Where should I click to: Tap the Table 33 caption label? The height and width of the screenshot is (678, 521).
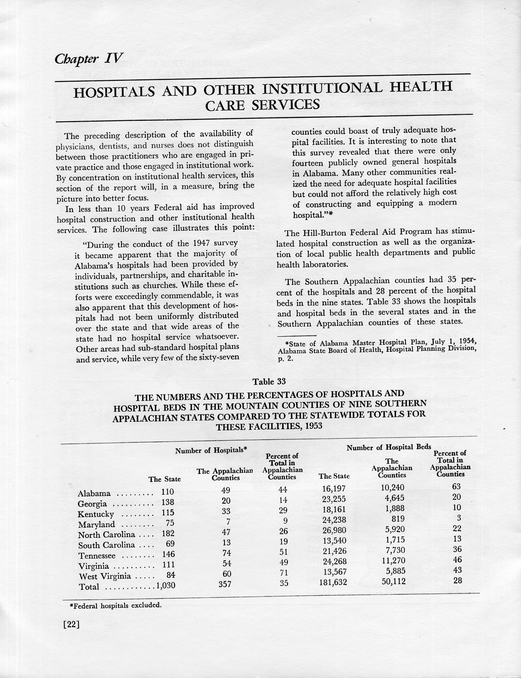269,382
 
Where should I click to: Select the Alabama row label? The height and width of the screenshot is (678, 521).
94,493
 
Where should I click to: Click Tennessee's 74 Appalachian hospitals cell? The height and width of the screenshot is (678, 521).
225,553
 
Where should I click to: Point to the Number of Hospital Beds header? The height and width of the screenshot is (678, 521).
389,447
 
